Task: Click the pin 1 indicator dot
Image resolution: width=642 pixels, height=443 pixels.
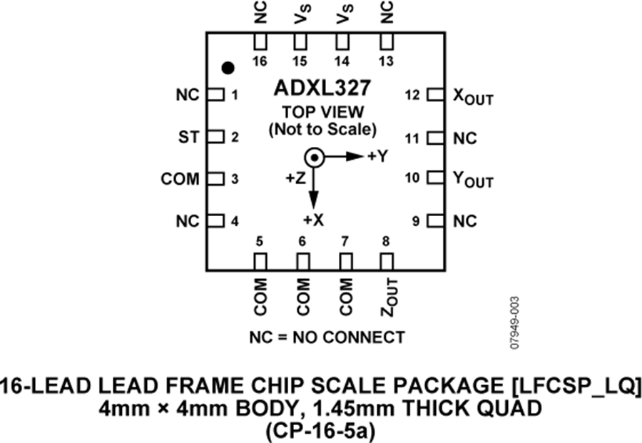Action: (228, 68)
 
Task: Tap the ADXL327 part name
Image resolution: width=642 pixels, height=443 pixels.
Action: (322, 88)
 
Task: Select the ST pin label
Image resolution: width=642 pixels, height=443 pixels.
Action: (188, 137)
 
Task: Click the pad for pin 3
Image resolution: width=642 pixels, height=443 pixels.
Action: (215, 179)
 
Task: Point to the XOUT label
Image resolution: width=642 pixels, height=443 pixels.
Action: (473, 97)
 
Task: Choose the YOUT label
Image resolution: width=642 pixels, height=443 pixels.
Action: (473, 180)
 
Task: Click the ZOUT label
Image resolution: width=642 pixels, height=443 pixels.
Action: (389, 297)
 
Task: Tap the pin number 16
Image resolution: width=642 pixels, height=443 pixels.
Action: (260, 61)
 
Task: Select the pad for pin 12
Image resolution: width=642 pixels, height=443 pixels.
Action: (435, 95)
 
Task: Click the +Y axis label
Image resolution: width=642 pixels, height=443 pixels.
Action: (377, 156)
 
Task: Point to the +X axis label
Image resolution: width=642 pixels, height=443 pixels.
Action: (314, 220)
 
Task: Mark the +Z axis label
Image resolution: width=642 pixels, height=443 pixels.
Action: (295, 178)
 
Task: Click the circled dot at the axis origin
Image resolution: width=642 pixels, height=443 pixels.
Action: (314, 158)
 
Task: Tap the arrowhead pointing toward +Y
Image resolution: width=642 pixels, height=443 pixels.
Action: (355, 156)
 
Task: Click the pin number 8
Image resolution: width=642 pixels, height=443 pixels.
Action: (386, 242)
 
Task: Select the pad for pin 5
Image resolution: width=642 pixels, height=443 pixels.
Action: (260, 261)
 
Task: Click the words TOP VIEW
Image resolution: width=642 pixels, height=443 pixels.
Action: (322, 112)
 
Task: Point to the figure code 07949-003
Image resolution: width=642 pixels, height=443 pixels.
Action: (514, 323)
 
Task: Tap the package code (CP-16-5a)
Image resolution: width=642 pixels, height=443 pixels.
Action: (320, 431)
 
